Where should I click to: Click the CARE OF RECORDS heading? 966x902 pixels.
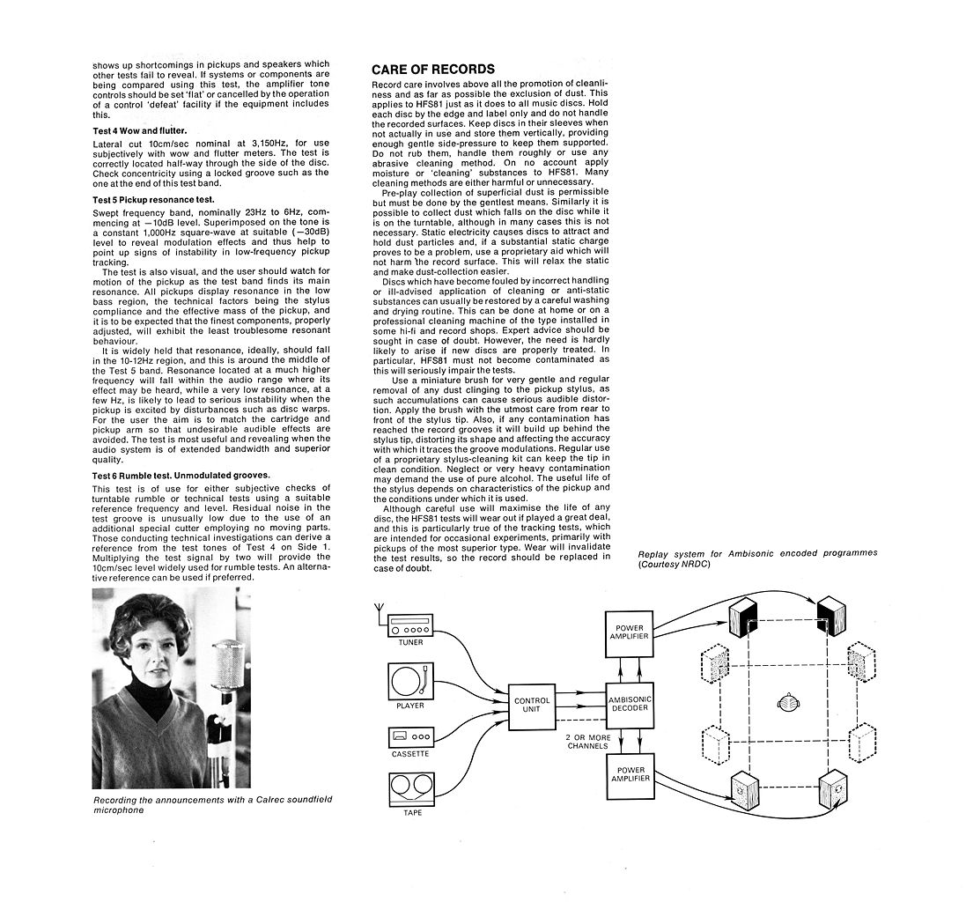click(433, 69)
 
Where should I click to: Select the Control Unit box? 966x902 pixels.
click(532, 707)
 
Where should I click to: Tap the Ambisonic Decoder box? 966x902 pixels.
click(630, 705)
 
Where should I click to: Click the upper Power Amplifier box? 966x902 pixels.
click(629, 633)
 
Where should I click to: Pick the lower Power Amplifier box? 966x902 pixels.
click(630, 776)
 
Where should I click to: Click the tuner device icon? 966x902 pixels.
click(410, 626)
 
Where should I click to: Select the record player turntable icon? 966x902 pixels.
click(410, 681)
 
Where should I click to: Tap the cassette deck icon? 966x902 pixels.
click(410, 737)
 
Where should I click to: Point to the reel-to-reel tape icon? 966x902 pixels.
click(411, 789)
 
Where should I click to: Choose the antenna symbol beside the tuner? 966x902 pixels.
click(380, 616)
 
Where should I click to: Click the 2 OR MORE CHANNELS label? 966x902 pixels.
click(587, 742)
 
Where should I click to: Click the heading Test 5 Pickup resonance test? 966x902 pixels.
click(153, 200)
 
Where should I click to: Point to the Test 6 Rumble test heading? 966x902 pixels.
click(181, 475)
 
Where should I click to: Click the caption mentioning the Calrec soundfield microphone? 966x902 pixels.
click(212, 804)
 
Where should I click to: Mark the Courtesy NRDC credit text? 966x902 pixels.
click(674, 564)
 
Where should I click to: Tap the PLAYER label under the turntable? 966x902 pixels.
click(410, 706)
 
